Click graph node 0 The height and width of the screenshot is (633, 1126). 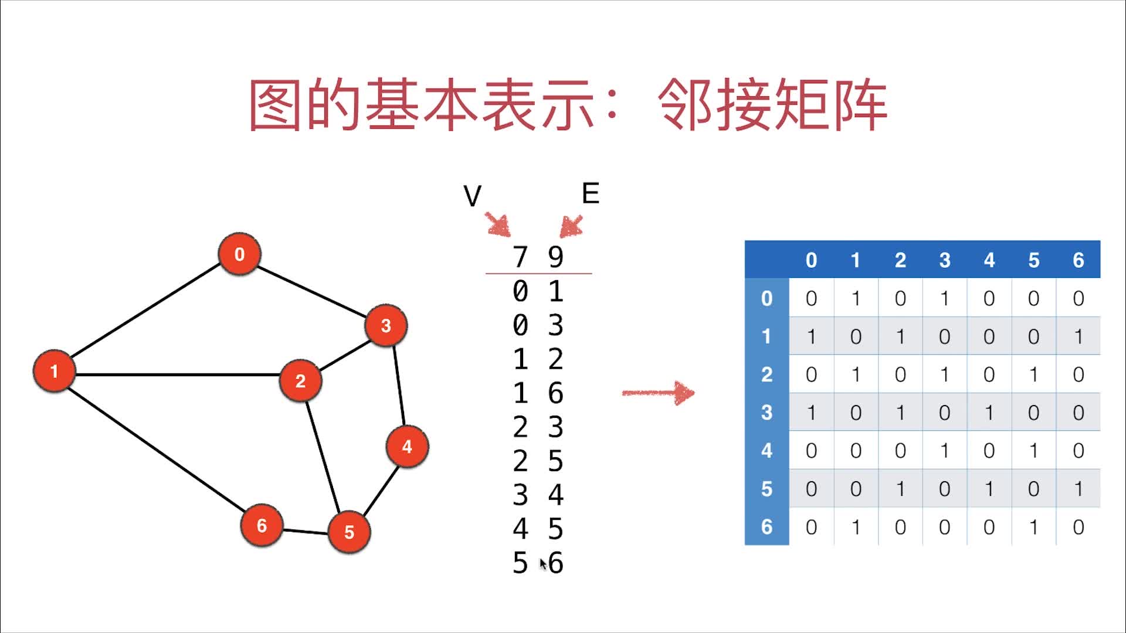click(x=239, y=254)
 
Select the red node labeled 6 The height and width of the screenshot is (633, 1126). click(x=262, y=525)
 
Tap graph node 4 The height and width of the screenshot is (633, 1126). click(x=407, y=447)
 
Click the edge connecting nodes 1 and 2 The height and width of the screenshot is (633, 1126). click(x=176, y=375)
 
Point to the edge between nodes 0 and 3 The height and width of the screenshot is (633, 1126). click(x=311, y=290)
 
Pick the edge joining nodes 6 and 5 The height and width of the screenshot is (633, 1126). click(x=305, y=532)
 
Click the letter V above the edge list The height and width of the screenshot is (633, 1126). click(x=472, y=196)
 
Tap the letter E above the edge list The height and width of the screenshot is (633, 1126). click(x=591, y=194)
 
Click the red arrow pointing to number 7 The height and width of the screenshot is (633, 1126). click(x=498, y=224)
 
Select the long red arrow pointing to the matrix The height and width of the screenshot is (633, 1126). click(x=658, y=393)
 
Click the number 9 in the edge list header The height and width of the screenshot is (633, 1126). click(x=555, y=257)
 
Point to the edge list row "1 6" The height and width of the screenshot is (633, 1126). click(x=538, y=393)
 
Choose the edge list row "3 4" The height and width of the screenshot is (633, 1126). click(x=538, y=495)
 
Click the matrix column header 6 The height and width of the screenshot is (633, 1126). click(x=1078, y=260)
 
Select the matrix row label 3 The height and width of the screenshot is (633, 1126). click(x=767, y=413)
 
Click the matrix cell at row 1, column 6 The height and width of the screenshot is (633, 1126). click(x=1078, y=336)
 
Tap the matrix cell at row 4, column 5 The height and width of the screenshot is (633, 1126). click(x=1033, y=451)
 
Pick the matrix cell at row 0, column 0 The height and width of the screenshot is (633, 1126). click(x=811, y=298)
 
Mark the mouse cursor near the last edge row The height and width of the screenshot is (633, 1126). click(x=543, y=564)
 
